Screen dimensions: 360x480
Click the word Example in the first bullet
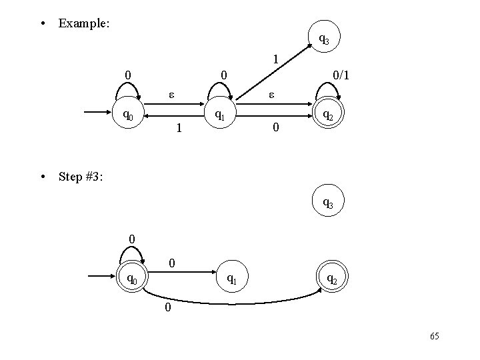(83, 23)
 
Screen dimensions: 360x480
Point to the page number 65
(435, 337)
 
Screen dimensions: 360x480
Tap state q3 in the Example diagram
(323, 40)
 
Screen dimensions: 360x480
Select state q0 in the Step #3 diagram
(131, 278)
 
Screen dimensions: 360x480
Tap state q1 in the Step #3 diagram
(231, 278)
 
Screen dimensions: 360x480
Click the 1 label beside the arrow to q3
(275, 60)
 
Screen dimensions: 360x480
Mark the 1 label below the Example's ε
(177, 127)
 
